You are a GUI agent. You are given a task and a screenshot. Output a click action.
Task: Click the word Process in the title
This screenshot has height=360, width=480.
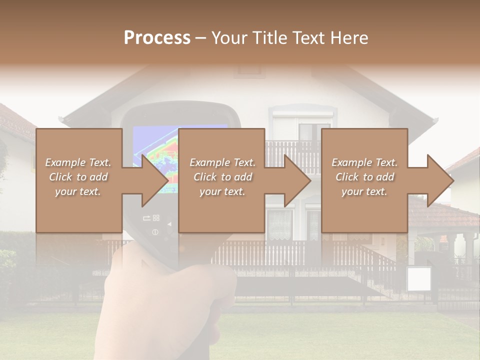tap(157, 38)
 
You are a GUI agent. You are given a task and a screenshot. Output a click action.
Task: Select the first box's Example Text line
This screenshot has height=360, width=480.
tap(78, 162)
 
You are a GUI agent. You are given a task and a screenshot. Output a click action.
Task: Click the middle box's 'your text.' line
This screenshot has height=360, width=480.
tap(222, 191)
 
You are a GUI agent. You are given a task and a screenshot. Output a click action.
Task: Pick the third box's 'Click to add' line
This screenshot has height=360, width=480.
tap(364, 177)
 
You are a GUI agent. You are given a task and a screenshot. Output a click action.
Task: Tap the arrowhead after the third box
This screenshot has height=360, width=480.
tap(439, 180)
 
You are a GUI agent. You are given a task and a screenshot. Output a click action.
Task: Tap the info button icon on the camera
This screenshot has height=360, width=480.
tap(155, 232)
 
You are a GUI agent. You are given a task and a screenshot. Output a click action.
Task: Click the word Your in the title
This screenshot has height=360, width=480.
tap(230, 38)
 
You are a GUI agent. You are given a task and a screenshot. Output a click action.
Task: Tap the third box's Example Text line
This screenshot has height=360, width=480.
tap(364, 162)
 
